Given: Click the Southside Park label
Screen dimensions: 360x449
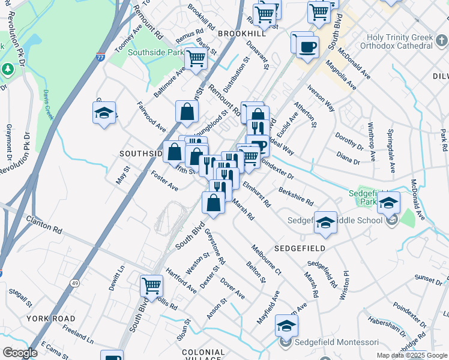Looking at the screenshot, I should tap(155, 53).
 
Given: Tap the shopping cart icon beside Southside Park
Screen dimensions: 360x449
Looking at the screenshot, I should tap(196, 59).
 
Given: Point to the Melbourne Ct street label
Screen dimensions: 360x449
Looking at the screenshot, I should tap(267, 259).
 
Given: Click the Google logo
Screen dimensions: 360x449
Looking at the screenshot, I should tap(20, 353).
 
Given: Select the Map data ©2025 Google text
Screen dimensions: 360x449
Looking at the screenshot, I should tap(411, 355).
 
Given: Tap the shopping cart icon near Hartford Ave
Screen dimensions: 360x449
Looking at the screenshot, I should tap(151, 286).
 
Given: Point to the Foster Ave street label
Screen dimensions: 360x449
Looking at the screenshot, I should tap(165, 181).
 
